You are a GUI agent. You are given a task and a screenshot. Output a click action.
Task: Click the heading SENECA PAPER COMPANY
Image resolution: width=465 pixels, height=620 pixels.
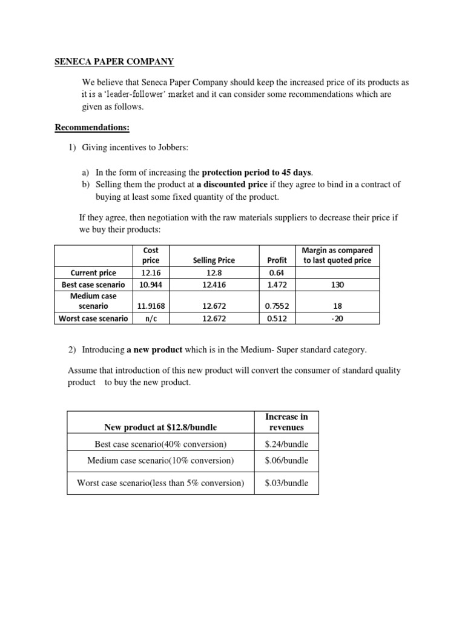(114, 62)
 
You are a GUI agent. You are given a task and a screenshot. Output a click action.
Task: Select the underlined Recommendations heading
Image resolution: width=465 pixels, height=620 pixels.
(92, 127)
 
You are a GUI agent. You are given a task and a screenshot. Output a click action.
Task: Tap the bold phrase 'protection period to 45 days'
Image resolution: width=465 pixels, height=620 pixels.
(256, 173)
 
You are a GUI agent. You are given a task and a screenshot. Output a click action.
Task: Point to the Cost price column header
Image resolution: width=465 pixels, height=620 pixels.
(151, 255)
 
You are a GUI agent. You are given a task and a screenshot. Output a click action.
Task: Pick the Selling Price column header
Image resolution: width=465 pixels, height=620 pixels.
(214, 260)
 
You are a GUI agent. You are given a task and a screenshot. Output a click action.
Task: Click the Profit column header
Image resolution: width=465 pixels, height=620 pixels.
(277, 260)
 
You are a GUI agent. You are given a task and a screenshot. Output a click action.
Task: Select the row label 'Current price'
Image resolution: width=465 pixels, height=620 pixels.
(93, 272)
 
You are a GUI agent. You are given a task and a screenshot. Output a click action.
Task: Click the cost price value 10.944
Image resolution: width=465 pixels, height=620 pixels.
(151, 284)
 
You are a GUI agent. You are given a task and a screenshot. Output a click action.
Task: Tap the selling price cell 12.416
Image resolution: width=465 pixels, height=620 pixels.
(214, 284)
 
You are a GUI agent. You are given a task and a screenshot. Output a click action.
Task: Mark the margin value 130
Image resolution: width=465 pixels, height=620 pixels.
(338, 284)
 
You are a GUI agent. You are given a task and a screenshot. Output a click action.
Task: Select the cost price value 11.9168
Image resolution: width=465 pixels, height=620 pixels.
(151, 306)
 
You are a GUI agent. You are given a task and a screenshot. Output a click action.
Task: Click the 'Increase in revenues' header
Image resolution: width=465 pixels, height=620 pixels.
(286, 421)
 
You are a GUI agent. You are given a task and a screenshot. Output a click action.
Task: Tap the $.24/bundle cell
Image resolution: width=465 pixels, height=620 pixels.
(286, 444)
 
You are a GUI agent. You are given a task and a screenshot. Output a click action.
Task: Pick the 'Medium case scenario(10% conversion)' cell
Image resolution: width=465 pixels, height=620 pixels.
(160, 460)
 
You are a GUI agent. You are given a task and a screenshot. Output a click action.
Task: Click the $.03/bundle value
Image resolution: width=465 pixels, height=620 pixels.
(286, 483)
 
